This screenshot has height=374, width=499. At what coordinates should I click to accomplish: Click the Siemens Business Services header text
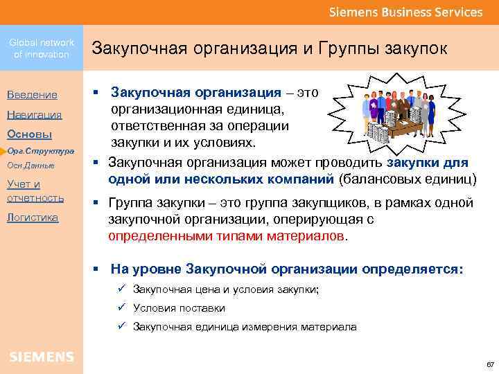coord(405,12)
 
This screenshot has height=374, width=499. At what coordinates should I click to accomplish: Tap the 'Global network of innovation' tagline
coord(42,48)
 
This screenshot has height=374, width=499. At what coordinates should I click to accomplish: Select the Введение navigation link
coord(32,95)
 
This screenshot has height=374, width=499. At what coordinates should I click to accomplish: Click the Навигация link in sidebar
coord(34,114)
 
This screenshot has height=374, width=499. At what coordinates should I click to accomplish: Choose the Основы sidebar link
coord(29,134)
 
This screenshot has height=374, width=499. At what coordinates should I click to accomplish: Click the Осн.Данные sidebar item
coord(30,166)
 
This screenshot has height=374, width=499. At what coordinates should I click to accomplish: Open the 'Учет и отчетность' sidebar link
coord(35,191)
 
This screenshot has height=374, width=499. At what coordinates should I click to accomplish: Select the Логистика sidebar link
coord(32,217)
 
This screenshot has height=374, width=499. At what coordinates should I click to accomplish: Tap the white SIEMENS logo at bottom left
coord(42,357)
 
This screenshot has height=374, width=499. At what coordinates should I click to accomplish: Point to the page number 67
coord(489,364)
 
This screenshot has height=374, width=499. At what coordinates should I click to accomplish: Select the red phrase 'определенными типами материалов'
coord(226,235)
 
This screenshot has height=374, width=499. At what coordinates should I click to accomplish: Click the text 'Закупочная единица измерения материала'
coord(245,327)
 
